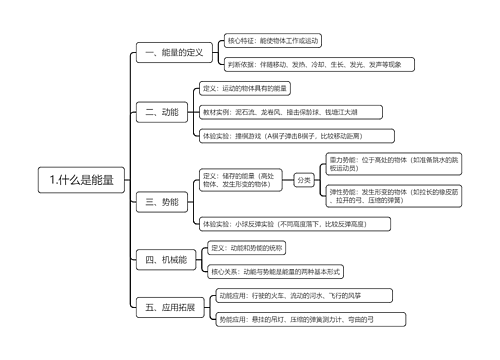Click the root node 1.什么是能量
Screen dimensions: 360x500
(81, 181)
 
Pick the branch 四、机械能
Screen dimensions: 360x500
(166, 260)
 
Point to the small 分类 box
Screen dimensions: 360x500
(304, 180)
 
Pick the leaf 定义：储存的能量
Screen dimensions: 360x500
(241, 180)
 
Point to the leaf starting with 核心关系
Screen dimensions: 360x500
(278, 271)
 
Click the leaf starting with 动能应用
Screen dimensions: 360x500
(288, 296)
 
